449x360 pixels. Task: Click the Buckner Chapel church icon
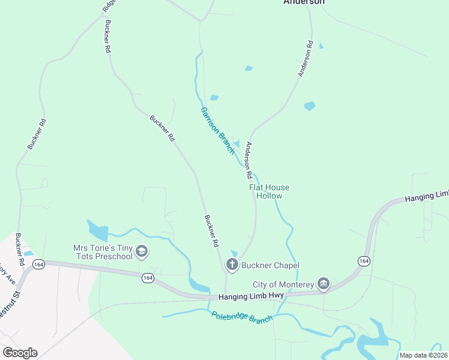232,264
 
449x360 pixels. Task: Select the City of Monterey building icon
324,283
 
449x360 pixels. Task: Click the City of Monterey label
283,284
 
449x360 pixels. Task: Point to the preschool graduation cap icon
142,251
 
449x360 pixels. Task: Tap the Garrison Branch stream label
217,130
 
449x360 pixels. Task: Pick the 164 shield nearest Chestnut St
39,264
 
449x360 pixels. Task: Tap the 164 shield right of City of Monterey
363,261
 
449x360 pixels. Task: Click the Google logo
20,353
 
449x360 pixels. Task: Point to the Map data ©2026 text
423,355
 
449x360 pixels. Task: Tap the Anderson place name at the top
304,2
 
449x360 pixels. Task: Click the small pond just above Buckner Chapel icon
234,253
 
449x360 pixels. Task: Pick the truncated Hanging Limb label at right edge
426,196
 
